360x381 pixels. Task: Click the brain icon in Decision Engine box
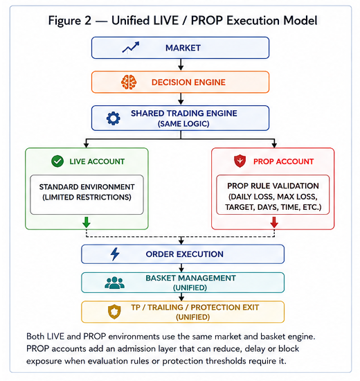129,82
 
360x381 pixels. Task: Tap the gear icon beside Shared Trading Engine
114,118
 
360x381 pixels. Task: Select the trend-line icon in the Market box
131,47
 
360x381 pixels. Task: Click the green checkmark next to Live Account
57,161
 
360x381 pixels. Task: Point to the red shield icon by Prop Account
240,161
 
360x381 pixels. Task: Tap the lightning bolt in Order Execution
115,254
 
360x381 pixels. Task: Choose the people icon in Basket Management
115,283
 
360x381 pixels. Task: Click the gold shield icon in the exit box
114,312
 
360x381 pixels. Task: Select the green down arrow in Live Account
87,222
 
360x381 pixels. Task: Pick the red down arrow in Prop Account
274,222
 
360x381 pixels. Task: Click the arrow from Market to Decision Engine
181,64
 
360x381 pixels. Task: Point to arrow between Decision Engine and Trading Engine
181,99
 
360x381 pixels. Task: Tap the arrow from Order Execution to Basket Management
181,268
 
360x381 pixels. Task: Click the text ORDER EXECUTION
185,254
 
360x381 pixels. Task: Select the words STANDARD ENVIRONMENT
87,187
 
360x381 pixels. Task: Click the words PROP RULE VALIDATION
273,186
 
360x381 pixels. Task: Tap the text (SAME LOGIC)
183,124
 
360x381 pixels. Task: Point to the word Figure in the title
64,21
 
